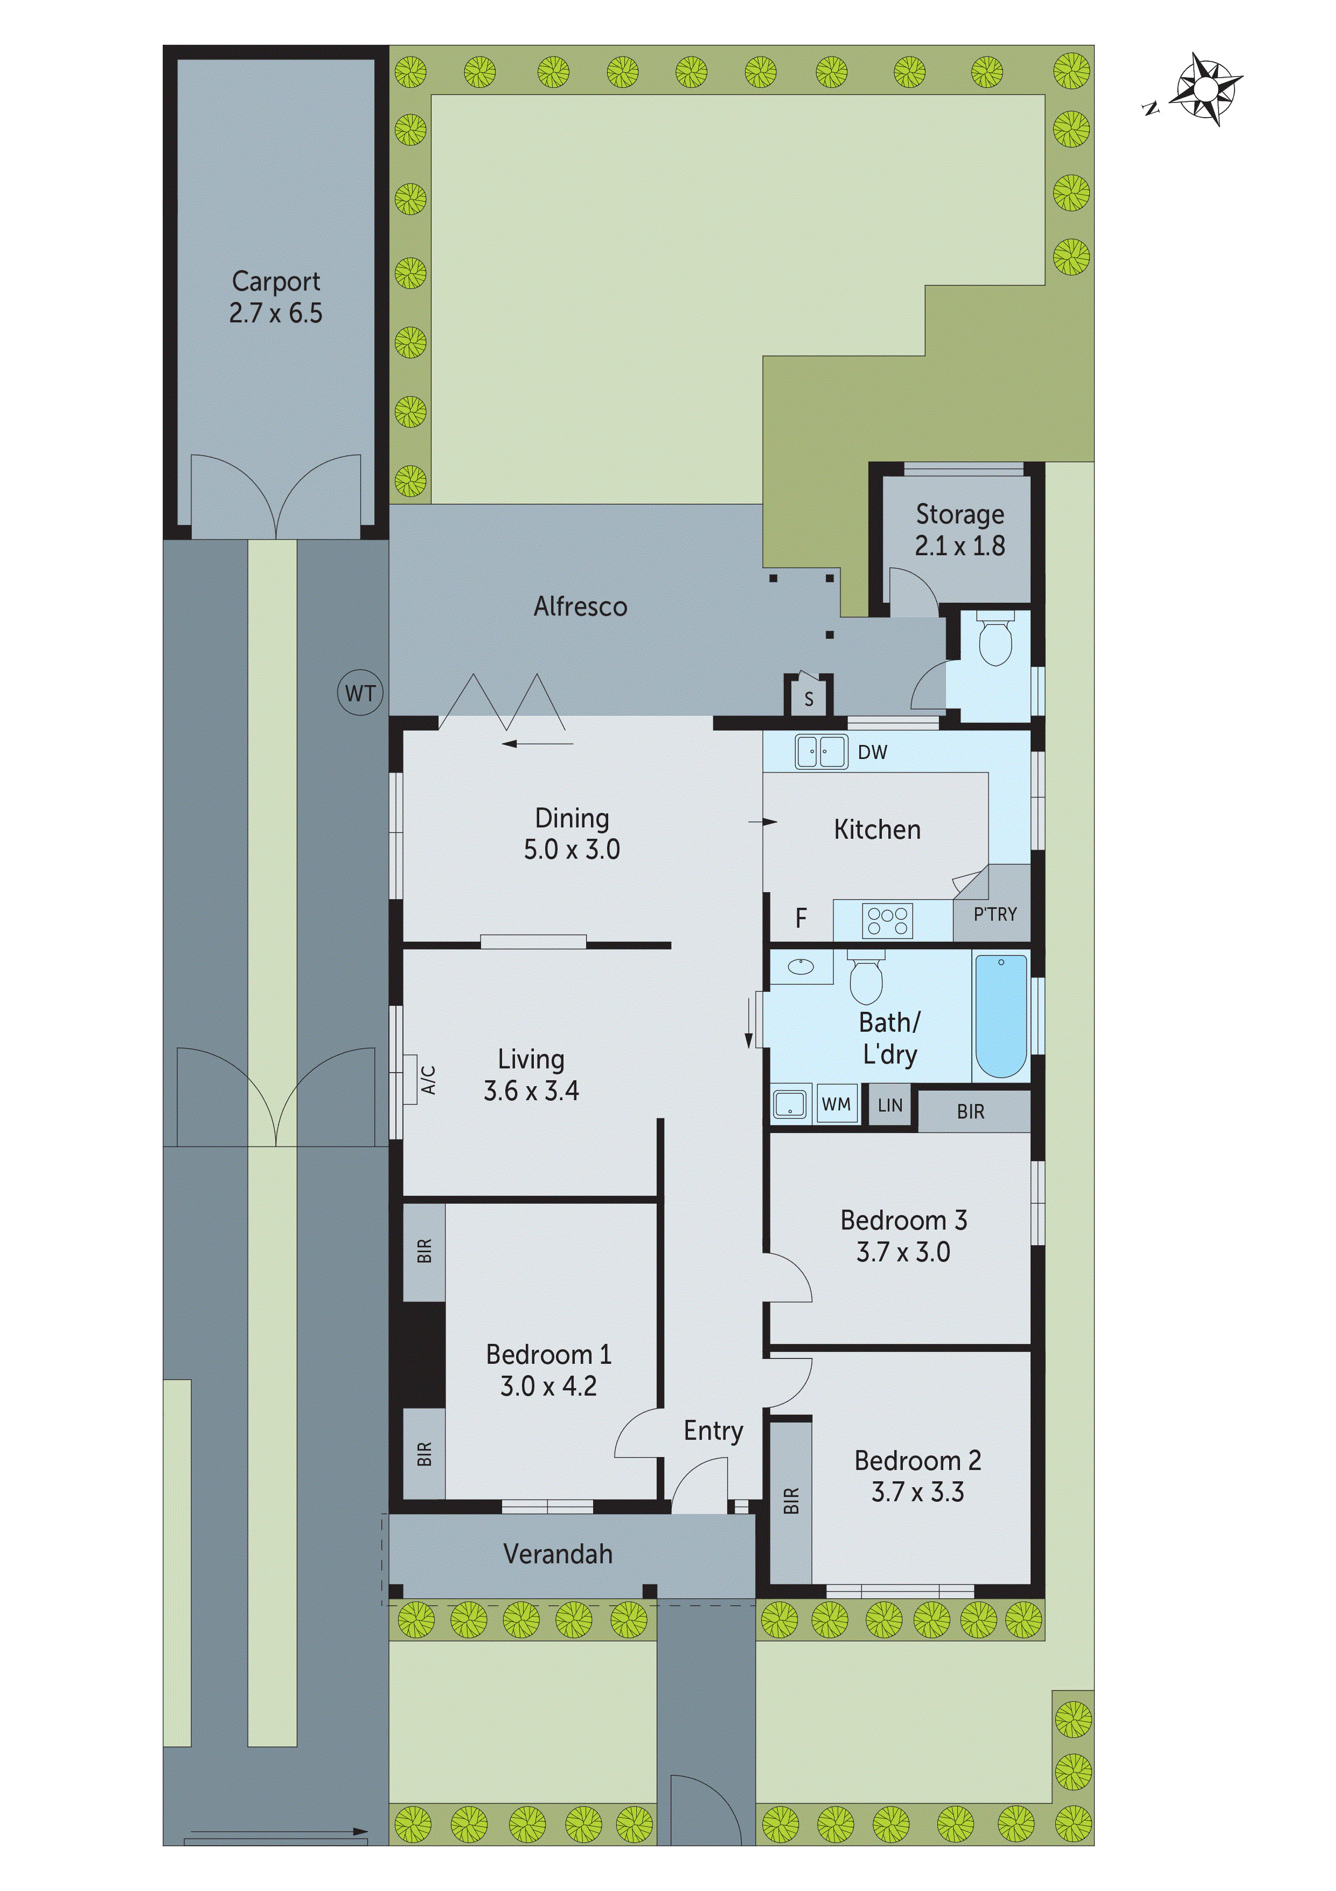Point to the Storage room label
coord(960,515)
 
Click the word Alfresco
coord(580,607)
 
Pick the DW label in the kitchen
coord(873,752)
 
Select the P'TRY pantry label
coord(994,914)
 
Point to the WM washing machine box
coord(836,1105)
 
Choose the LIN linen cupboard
coord(890,1105)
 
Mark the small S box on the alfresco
coord(809,699)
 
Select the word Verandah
coord(558,1554)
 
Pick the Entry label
coord(713,1431)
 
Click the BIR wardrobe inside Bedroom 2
coord(791,1501)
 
